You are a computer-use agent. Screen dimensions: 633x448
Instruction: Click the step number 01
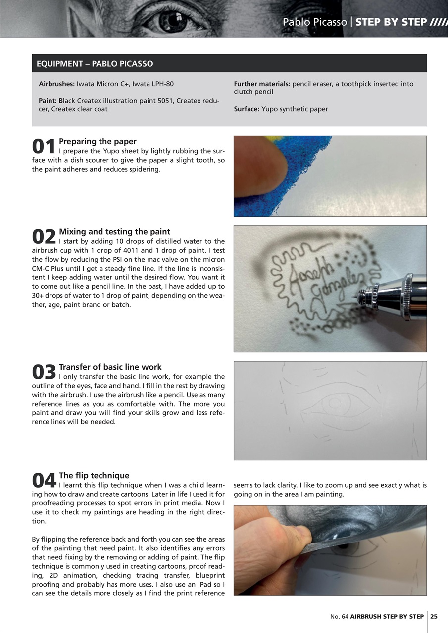click(44, 146)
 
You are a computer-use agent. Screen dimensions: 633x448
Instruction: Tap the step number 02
click(44, 236)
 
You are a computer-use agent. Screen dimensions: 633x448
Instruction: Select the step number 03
click(44, 372)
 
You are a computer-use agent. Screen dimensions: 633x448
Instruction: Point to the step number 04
click(44, 480)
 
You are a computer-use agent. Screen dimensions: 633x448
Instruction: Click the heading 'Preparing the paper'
click(98, 141)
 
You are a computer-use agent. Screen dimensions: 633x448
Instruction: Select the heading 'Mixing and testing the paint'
click(114, 231)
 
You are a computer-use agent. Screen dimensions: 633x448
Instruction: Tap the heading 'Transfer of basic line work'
click(110, 367)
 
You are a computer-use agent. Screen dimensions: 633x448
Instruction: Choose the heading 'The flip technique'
click(94, 475)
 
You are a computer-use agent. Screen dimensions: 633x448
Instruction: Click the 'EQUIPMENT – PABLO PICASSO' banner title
click(95, 64)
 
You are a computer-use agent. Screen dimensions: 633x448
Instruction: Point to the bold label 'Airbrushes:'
click(56, 84)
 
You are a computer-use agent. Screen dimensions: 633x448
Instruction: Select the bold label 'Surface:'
click(247, 109)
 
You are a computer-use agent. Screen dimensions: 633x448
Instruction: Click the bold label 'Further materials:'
click(262, 84)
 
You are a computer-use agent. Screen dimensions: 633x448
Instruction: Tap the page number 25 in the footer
click(434, 616)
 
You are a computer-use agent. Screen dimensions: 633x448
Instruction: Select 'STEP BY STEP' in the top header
click(391, 22)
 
